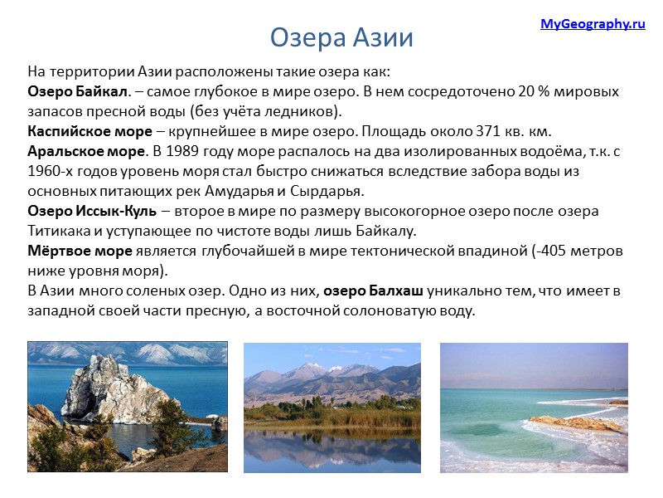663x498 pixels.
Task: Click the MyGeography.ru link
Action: tap(593, 24)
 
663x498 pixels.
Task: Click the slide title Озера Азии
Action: tap(341, 38)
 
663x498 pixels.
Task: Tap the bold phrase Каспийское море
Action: tap(90, 131)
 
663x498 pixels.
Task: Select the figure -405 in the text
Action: tap(541, 251)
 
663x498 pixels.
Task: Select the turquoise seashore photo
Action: tap(533, 408)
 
